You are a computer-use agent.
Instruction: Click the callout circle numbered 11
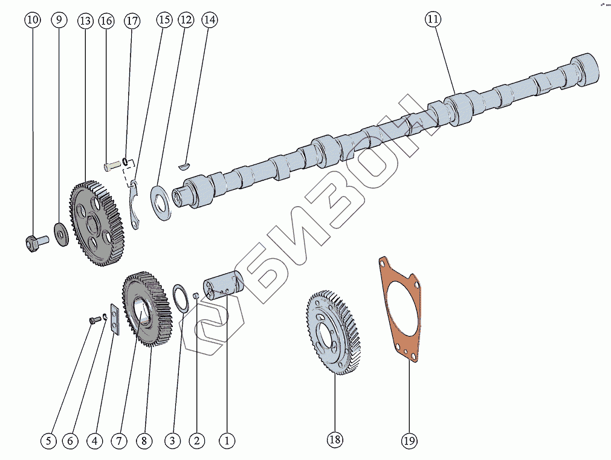coord(432,20)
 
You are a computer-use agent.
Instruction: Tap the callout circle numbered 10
coord(33,20)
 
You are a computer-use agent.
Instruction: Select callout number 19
coord(409,440)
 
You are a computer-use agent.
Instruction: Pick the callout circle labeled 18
coord(335,439)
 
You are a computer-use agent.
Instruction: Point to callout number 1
coord(227,441)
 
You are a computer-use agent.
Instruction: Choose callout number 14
coord(209,20)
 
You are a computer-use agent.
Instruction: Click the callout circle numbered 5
coord(49,441)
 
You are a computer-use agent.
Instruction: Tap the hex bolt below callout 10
coord(34,243)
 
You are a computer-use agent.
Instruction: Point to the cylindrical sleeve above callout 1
coord(222,285)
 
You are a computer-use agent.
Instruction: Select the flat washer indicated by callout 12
coord(161,202)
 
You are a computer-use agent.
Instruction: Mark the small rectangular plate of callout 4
coord(115,319)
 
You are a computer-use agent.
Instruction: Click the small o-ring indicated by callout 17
coord(125,161)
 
